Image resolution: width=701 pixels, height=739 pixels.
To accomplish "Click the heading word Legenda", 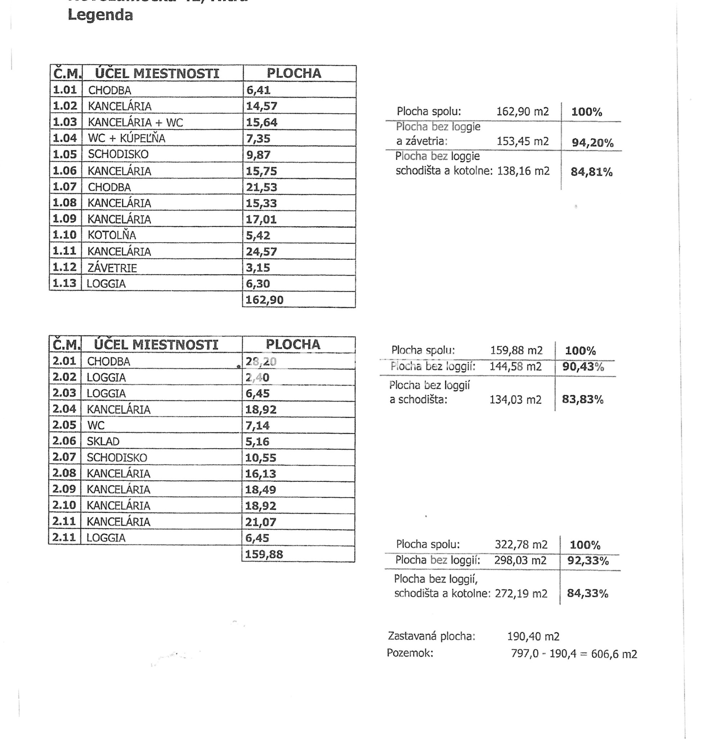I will [x=100, y=15].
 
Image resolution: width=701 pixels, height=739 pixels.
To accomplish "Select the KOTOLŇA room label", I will [x=112, y=235].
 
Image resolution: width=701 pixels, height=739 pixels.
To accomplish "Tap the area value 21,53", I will [x=261, y=187].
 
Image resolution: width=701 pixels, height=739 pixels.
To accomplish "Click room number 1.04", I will [x=65, y=138].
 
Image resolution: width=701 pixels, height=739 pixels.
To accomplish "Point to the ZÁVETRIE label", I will [x=112, y=268].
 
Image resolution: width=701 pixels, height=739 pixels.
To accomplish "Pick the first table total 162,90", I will [x=264, y=300].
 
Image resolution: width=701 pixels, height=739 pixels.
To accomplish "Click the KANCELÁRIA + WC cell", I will [x=135, y=123].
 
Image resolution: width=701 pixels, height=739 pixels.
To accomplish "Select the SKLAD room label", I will [x=103, y=441].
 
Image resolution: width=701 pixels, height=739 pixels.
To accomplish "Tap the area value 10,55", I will [x=261, y=458].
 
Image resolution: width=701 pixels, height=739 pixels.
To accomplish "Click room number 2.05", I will [x=64, y=425].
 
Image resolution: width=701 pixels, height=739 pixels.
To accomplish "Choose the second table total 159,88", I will [x=264, y=554].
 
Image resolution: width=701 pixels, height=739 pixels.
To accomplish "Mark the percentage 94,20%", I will [x=593, y=143].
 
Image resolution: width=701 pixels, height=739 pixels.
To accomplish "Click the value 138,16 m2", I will [x=523, y=171].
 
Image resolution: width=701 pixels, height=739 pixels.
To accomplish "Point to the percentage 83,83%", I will [x=583, y=400].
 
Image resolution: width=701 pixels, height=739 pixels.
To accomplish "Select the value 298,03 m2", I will [x=520, y=561].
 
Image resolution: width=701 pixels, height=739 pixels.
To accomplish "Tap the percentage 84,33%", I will [x=587, y=593].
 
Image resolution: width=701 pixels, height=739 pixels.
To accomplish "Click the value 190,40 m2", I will [x=533, y=636].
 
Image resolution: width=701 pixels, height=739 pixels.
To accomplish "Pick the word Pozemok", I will [x=410, y=653].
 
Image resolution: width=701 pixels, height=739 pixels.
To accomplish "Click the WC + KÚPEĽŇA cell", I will [x=126, y=138].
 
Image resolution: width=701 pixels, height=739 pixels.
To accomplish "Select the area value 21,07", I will [x=261, y=522].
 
